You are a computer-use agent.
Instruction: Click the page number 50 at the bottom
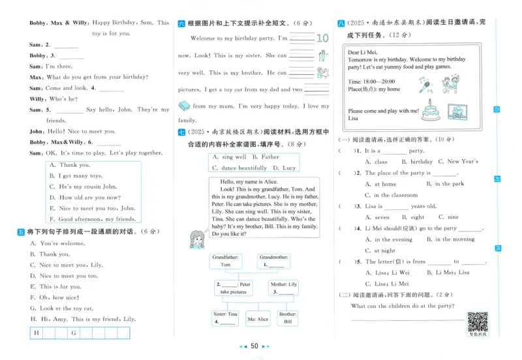pyautogui.click(x=255, y=346)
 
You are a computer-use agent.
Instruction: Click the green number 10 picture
pyautogui.click(x=322, y=38)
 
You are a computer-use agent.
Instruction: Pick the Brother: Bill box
pyautogui.click(x=288, y=318)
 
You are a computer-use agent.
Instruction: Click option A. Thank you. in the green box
pyautogui.click(x=74, y=165)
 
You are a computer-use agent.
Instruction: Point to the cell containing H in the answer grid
pyautogui.click(x=37, y=333)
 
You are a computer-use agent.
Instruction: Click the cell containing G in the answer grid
pyautogui.click(x=74, y=333)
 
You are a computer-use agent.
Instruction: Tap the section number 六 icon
pyautogui.click(x=182, y=23)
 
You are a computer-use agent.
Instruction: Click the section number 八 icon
pyautogui.click(x=341, y=23)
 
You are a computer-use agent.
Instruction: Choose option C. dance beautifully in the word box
pyautogui.click(x=235, y=168)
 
